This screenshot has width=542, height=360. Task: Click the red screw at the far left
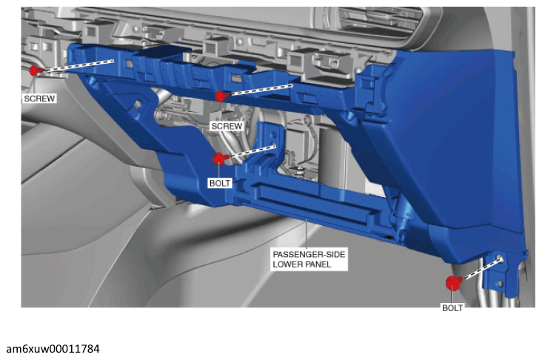coord(35,70)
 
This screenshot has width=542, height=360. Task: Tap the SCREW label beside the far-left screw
coord(39,99)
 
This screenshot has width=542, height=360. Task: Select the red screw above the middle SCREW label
coord(221,96)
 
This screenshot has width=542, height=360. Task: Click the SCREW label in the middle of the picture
coord(227,126)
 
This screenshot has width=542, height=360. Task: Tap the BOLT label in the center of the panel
coord(220,183)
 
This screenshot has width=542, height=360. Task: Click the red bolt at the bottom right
coord(453,283)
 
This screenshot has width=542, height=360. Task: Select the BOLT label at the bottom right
coord(452,308)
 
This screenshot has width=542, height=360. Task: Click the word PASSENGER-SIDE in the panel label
coord(309,254)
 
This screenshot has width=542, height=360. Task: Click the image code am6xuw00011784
coord(53,349)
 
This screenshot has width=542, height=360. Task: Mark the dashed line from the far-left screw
coord(78,66)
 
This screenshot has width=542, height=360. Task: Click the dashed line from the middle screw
coord(261,89)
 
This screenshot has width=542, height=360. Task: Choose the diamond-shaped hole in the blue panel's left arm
coord(137,104)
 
